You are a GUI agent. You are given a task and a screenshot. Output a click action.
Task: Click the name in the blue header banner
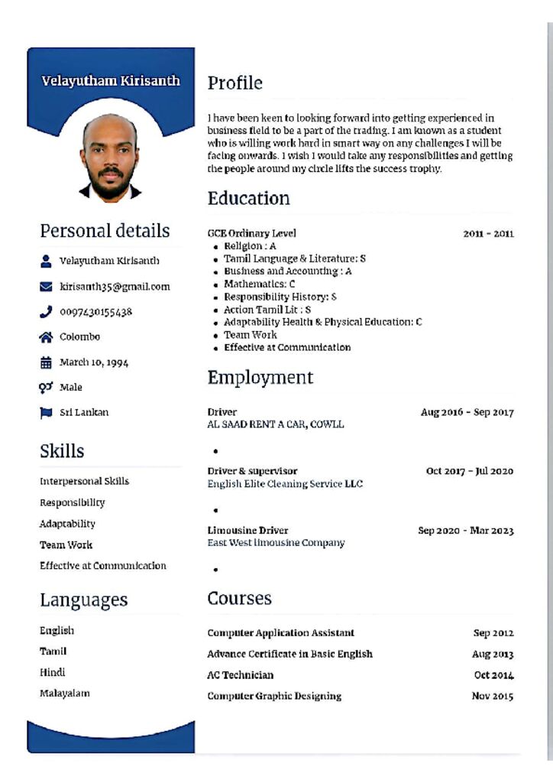pos(111,80)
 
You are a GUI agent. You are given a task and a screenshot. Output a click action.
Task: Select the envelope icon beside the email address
pos(45,287)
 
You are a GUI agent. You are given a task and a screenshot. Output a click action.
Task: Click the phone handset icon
pos(45,311)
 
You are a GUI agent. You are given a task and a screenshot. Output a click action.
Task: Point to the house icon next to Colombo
pos(45,336)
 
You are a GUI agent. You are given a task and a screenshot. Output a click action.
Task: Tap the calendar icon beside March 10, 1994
pos(45,362)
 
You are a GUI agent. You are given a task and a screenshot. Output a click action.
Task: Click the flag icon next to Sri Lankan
pos(45,412)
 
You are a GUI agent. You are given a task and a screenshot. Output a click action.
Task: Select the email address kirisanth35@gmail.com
pos(115,287)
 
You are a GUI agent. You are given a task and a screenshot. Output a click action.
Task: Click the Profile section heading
pos(234,83)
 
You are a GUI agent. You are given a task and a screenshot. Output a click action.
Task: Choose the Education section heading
pos(248,199)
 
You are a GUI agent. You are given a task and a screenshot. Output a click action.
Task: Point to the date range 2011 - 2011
pos(488,233)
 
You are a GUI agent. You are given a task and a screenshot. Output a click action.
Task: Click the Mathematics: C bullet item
pos(259,284)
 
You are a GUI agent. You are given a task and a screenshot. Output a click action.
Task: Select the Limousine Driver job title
pos(247,530)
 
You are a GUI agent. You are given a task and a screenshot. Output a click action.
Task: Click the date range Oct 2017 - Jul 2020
pos(469,471)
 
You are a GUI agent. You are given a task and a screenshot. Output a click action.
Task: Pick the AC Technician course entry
pos(240,675)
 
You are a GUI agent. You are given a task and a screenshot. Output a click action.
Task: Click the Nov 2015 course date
pos(492,696)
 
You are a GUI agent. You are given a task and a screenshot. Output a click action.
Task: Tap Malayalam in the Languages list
pos(64,693)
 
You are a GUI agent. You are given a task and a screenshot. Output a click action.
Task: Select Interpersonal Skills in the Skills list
pos(84,481)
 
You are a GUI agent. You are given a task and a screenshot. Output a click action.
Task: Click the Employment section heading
pos(260,378)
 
